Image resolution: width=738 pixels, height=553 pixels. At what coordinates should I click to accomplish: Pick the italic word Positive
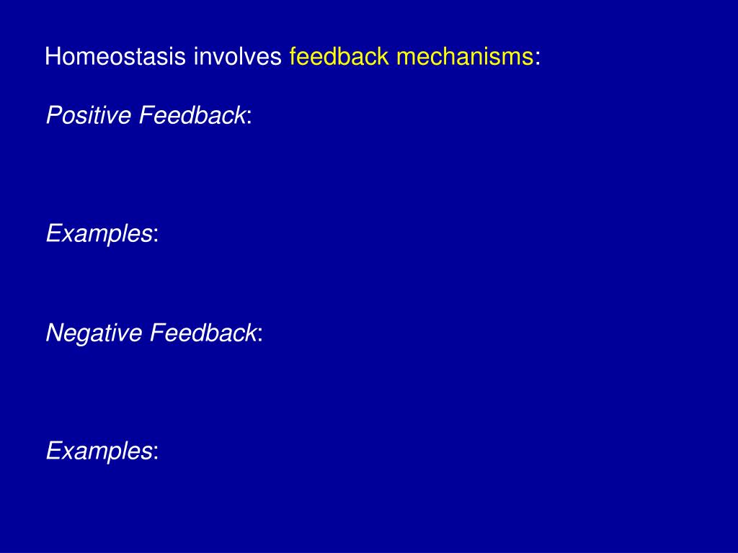pyautogui.click(x=89, y=114)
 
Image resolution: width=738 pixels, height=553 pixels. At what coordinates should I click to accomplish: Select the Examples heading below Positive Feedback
pyautogui.click(x=99, y=233)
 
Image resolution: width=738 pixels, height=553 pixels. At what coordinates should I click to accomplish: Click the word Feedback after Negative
pyautogui.click(x=203, y=333)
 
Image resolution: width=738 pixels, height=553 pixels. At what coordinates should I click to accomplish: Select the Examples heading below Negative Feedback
pyautogui.click(x=99, y=451)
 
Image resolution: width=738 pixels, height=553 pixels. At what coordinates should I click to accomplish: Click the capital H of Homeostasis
pyautogui.click(x=52, y=57)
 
